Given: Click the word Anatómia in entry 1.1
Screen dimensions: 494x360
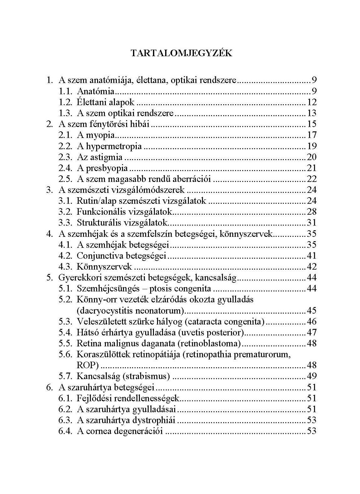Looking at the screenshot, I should coord(96,91).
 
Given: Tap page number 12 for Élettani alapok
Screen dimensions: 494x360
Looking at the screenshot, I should coord(312,102).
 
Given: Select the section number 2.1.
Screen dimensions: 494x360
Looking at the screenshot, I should coord(65,135).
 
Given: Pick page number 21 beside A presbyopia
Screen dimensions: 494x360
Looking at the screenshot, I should coord(312,168).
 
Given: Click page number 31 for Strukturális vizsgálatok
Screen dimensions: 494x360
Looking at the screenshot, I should coord(312,223).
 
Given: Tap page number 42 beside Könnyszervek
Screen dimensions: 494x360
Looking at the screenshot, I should coord(312,267).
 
